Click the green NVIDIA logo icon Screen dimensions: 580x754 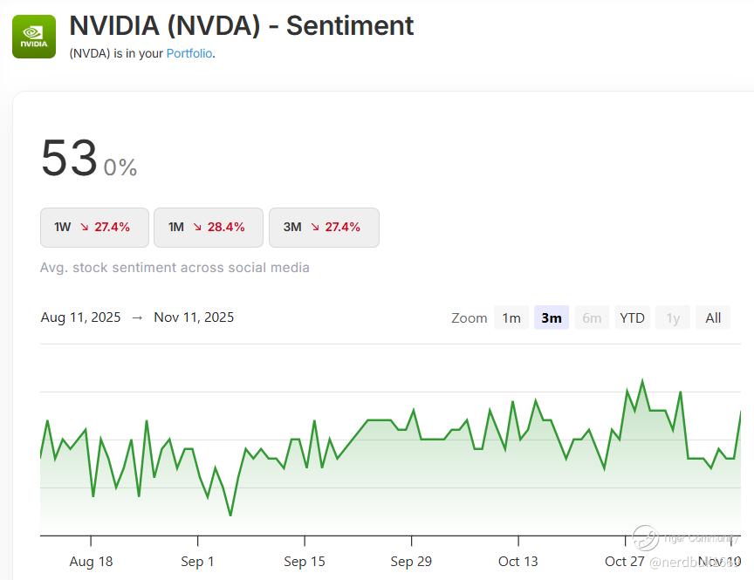[x=34, y=37]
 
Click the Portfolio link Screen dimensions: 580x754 [x=189, y=53]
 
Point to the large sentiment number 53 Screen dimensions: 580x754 [x=69, y=160]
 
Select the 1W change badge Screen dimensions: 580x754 [x=95, y=228]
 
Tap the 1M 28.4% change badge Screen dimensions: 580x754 [x=208, y=228]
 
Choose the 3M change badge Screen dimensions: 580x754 [x=323, y=228]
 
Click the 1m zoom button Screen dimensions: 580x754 [x=511, y=317]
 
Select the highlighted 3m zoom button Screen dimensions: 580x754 [x=552, y=317]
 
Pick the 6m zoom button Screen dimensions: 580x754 [x=592, y=317]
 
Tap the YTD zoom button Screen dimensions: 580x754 [x=632, y=317]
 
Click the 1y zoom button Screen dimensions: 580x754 [x=673, y=317]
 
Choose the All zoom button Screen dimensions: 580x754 [x=713, y=317]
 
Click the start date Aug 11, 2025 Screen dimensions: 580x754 [x=80, y=317]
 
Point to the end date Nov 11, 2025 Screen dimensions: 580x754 [x=194, y=317]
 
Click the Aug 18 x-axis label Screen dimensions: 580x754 [x=91, y=561]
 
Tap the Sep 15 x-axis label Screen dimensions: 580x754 [x=304, y=561]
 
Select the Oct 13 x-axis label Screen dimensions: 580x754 [x=518, y=561]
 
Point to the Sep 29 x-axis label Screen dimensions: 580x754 [x=410, y=561]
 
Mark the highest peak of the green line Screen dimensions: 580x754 [x=642, y=381]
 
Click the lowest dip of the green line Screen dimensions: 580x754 [x=230, y=515]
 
